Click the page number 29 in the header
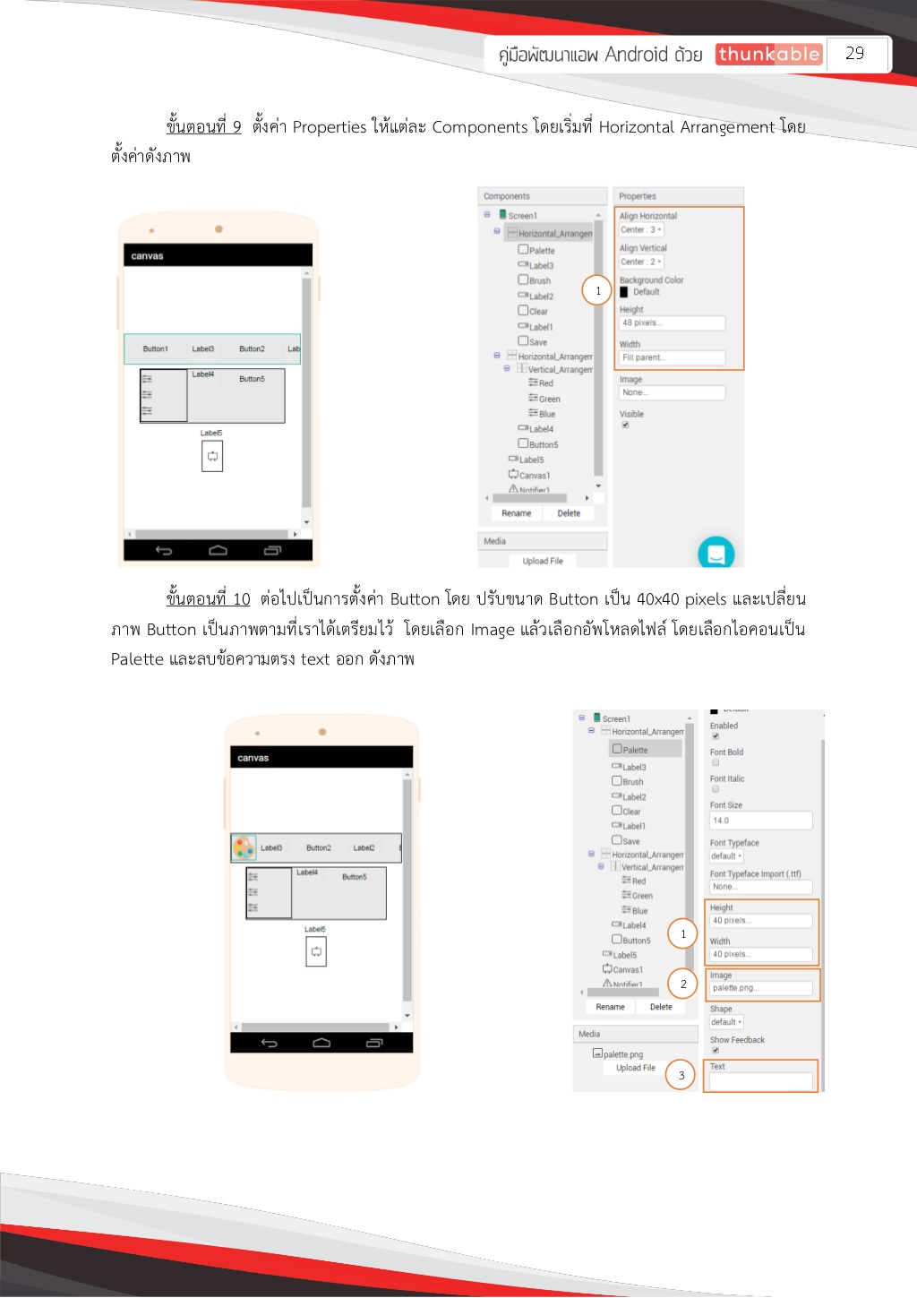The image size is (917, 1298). coord(855,54)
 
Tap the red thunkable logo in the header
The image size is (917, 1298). coord(768,55)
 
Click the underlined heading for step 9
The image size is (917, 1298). coord(203,126)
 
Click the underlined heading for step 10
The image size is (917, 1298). coord(208,598)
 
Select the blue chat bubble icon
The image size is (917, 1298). coord(716,553)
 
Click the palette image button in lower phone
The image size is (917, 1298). coord(244,847)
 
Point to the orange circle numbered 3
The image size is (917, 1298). coord(681,1075)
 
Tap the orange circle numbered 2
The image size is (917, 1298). coord(682,984)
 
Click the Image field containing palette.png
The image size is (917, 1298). coord(760,988)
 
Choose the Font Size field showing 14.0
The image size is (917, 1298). coord(760,821)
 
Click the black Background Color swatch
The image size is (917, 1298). coord(624,292)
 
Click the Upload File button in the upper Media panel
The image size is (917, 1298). coord(543,561)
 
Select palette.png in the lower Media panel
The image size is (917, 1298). coord(622,1054)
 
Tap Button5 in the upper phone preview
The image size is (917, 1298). coord(252,379)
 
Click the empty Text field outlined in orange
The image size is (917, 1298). coord(760,1081)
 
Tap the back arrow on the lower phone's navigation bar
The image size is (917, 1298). coord(269,1043)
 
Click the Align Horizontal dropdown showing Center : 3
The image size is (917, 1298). coord(641,230)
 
